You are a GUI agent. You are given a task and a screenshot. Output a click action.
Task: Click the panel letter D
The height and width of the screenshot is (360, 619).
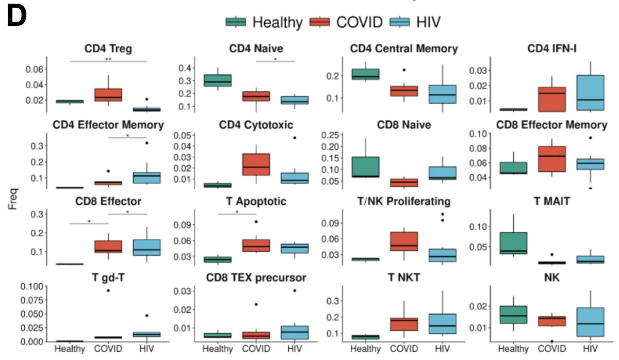(x=18, y=18)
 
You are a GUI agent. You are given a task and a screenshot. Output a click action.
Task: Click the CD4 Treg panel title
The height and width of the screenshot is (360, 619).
(x=108, y=49)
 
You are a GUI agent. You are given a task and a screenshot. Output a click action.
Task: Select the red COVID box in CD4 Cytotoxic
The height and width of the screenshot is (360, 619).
(x=256, y=165)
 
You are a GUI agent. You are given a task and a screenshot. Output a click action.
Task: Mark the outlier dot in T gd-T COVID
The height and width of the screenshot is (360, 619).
(x=108, y=290)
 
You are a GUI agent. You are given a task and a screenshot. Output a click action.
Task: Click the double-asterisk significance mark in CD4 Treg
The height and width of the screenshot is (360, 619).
(x=108, y=59)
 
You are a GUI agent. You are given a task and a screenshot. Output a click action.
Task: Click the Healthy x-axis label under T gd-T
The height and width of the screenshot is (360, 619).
(x=70, y=349)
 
